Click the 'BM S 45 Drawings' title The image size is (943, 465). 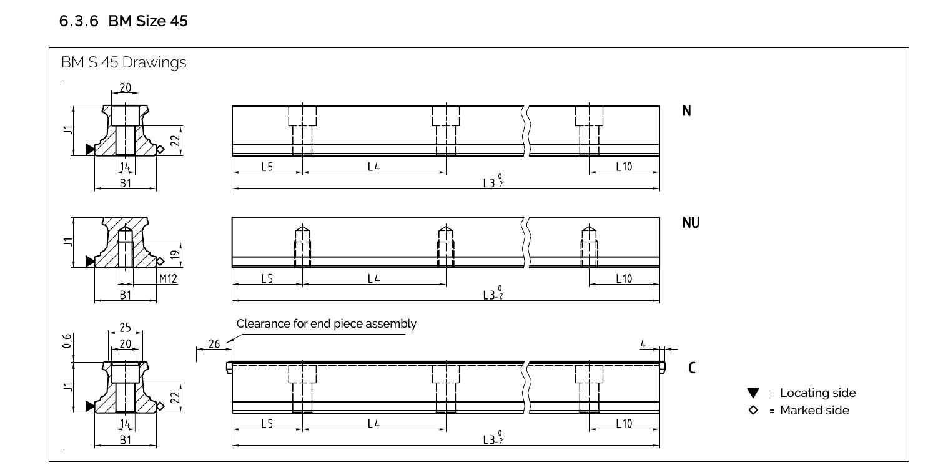click(x=124, y=63)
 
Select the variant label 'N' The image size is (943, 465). click(x=687, y=111)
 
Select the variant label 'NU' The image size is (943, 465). click(x=691, y=223)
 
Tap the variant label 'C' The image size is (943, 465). click(x=691, y=368)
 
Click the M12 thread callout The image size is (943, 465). click(x=167, y=279)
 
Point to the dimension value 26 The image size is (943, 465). click(x=214, y=343)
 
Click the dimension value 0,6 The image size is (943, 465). click(x=67, y=341)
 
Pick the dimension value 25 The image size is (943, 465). click(x=126, y=328)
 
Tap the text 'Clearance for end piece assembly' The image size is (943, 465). click(x=326, y=324)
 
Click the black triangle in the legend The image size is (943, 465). click(x=753, y=393)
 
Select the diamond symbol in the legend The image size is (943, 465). click(x=753, y=410)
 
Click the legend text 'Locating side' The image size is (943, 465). click(x=817, y=393)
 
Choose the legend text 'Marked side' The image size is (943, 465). click(x=814, y=410)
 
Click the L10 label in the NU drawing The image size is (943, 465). click(x=624, y=279)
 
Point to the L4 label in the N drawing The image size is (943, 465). click(x=373, y=167)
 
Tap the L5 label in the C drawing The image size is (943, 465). click(x=267, y=424)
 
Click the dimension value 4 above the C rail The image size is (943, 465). click(x=643, y=343)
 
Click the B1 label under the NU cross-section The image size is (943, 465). click(x=126, y=295)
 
